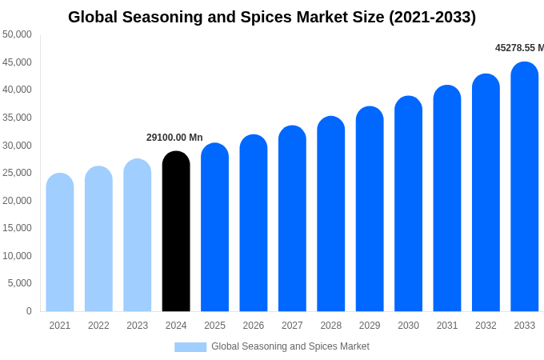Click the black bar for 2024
(176, 232)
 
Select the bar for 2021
(60, 243)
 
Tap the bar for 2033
(524, 187)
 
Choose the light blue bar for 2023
(138, 236)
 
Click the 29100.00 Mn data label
(174, 138)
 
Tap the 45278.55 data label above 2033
(519, 48)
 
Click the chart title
(272, 17)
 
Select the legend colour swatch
(190, 346)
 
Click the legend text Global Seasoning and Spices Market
(290, 346)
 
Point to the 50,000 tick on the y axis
(17, 34)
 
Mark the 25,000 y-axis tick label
(17, 173)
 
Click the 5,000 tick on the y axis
(20, 283)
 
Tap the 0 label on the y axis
(29, 311)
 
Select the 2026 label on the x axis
(254, 326)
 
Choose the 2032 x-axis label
(486, 326)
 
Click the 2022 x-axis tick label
(98, 326)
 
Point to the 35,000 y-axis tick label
(17, 118)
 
